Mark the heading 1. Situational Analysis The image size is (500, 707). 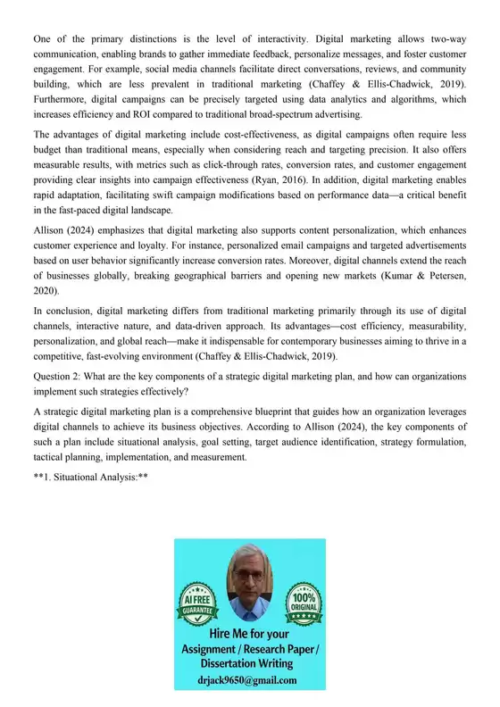pyautogui.click(x=90, y=478)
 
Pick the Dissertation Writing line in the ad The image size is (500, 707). pyautogui.click(x=251, y=665)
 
